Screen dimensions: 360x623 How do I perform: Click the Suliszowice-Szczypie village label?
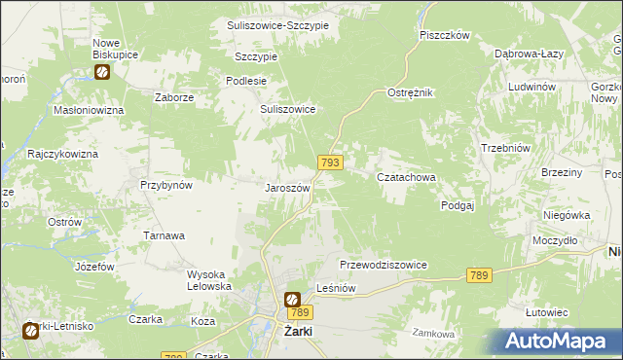277,24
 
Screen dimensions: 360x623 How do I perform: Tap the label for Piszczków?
445,35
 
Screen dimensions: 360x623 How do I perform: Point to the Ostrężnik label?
410,91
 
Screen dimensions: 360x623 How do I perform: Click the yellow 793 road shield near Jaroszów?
329,162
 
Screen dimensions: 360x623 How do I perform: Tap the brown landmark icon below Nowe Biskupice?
103,71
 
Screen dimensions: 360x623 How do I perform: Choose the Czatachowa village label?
406,177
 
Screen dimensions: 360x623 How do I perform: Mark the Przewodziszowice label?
384,265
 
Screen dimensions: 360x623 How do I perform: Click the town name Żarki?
296,331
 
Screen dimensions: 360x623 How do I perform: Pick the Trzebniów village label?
505,147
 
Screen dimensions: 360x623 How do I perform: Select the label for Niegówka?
568,215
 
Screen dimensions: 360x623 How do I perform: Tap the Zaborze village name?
175,97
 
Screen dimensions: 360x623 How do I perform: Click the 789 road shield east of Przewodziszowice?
478,275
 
